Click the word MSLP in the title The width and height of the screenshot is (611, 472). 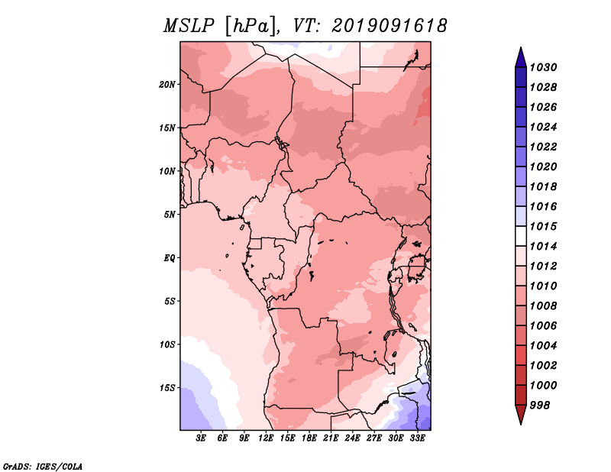[x=189, y=26]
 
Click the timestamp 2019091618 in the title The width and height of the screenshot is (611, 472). [x=389, y=26]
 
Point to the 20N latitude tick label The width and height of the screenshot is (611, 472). [x=167, y=84]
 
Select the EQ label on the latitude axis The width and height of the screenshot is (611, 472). [x=169, y=258]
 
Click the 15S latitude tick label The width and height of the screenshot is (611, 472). [x=167, y=388]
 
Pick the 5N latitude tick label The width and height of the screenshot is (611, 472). [x=170, y=215]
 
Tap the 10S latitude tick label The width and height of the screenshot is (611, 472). [x=167, y=344]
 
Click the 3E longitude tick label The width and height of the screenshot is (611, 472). [x=201, y=438]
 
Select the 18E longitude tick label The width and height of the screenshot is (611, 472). [x=309, y=438]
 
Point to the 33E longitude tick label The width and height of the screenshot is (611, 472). [x=417, y=438]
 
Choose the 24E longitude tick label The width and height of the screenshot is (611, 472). [x=352, y=438]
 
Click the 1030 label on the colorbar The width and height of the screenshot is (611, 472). [x=543, y=67]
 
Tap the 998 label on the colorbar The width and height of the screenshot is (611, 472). [x=540, y=406]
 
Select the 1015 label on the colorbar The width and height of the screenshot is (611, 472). [x=543, y=226]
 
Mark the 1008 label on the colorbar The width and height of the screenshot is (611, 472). [x=543, y=306]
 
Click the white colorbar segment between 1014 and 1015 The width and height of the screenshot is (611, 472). [x=521, y=236]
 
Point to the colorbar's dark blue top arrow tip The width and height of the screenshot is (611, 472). [x=521, y=47]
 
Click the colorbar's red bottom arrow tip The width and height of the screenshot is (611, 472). [x=521, y=425]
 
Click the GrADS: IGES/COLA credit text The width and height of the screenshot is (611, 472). [x=43, y=466]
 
